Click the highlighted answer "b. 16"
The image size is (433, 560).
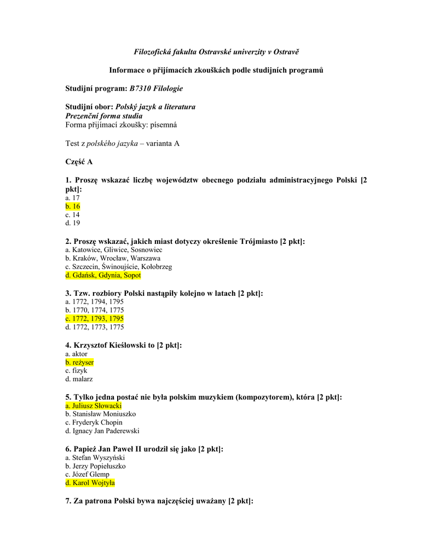[73, 207]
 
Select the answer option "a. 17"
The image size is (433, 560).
[72, 198]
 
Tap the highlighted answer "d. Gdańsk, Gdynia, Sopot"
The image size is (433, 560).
[103, 275]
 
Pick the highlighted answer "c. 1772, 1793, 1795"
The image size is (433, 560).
[94, 319]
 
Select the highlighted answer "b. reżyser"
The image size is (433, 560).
[79, 363]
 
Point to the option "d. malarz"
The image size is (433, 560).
[79, 379]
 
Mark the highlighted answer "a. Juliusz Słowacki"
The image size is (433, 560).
[93, 406]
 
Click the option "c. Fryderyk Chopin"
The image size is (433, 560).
[94, 423]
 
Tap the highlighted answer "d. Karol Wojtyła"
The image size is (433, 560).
[90, 483]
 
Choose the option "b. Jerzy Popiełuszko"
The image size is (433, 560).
[95, 466]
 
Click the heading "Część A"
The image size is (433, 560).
[79, 162]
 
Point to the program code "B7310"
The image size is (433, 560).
[141, 88]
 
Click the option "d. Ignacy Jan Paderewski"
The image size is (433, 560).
[102, 431]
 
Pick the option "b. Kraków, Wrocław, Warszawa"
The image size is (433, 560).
[112, 258]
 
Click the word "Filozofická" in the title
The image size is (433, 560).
[154, 52]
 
